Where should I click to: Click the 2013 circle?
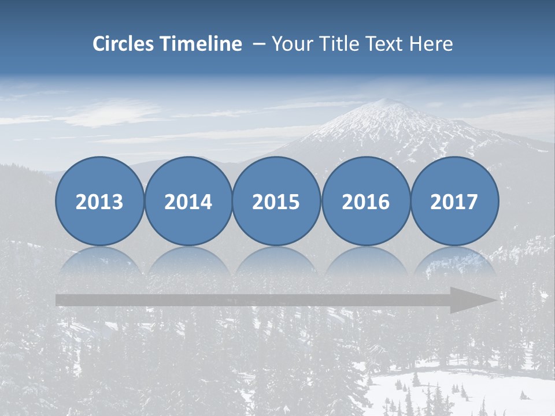[99, 201]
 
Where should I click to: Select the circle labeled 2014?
[188, 201]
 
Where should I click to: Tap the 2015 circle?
[276, 201]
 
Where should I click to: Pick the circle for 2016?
[366, 201]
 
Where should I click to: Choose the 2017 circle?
[454, 201]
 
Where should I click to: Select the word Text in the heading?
[387, 44]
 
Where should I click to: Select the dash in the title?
[258, 44]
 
